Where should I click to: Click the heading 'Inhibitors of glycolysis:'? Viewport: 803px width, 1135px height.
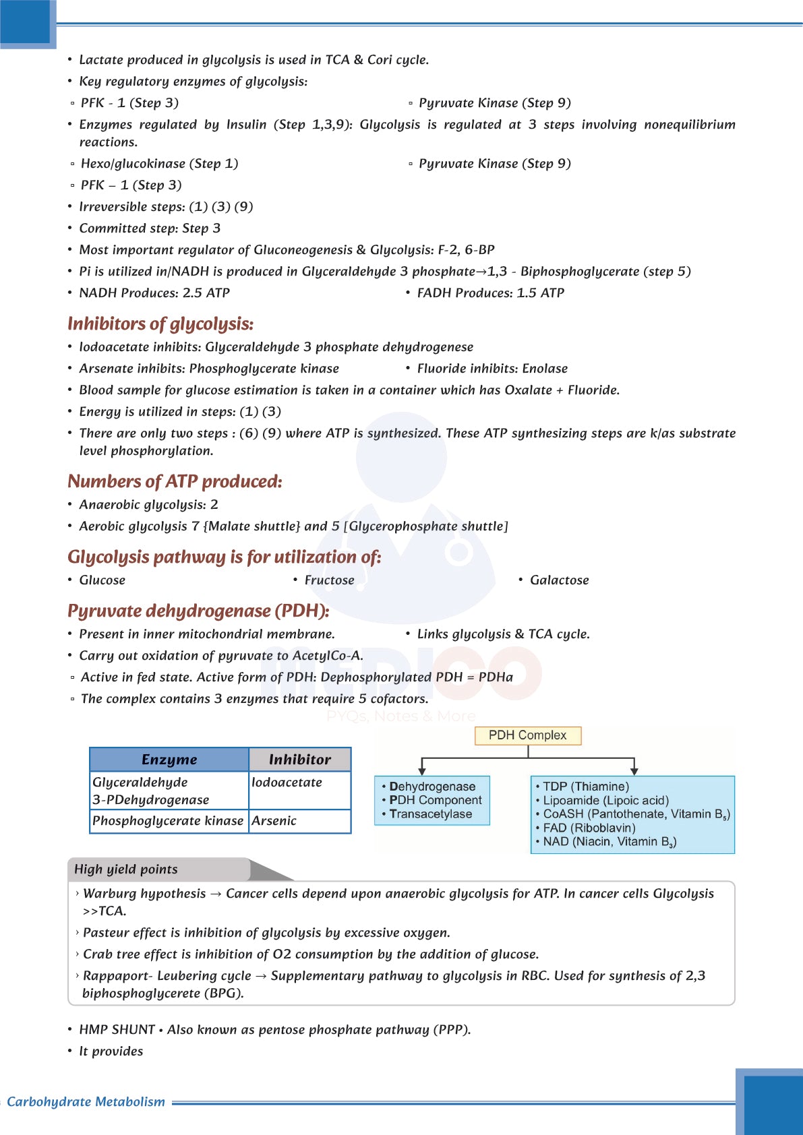(160, 324)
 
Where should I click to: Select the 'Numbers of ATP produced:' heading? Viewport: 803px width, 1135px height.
(175, 482)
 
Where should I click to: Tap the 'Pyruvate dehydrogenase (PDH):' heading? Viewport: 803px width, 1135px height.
(198, 611)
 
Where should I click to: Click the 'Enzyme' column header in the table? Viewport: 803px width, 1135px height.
(169, 760)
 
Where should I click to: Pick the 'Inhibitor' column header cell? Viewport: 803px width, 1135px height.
(300, 760)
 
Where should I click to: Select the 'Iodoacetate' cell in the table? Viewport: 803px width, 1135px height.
(287, 783)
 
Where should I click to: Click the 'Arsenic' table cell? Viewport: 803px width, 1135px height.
(274, 821)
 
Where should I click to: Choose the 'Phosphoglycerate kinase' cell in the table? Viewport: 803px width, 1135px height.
(168, 821)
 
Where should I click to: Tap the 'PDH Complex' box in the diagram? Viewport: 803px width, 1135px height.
(527, 735)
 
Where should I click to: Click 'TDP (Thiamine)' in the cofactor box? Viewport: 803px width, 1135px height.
(585, 787)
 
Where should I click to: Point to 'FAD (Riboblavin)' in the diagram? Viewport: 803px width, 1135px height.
(589, 828)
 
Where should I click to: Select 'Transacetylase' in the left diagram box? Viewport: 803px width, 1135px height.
(430, 814)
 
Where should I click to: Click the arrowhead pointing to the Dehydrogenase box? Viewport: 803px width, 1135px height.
(422, 770)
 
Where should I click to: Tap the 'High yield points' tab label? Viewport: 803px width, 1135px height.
(126, 869)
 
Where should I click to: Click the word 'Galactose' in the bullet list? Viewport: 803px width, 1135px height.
(559, 580)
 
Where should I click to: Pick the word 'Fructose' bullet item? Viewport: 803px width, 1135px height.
(329, 580)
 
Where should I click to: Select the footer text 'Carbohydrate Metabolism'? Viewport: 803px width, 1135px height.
(86, 1102)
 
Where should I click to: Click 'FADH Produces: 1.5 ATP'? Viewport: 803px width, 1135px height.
(490, 293)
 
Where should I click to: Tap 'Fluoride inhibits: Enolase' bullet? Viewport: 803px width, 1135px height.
(492, 369)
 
